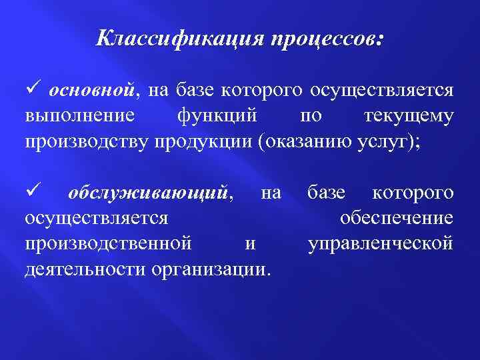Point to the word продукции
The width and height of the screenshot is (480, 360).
click(209, 143)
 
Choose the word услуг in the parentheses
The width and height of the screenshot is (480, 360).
click(406, 143)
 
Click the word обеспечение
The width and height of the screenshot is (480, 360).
click(396, 218)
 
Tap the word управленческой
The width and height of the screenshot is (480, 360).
click(381, 243)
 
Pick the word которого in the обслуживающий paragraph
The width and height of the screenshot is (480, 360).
click(413, 193)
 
